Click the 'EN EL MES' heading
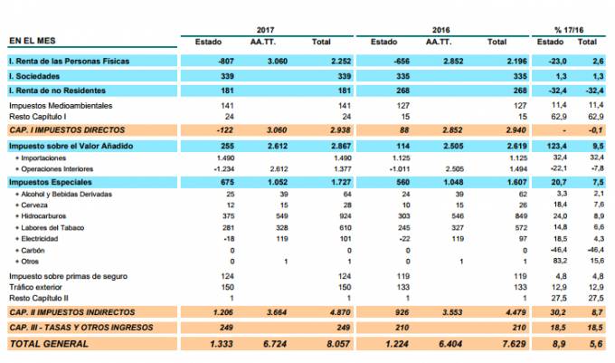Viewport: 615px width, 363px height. point(33,42)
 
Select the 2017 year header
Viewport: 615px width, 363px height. point(265,30)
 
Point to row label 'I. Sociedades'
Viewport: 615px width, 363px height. point(35,76)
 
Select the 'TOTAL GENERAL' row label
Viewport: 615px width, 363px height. point(49,344)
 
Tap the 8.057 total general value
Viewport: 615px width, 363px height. point(323,344)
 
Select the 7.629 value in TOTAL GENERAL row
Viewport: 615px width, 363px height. point(498,344)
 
